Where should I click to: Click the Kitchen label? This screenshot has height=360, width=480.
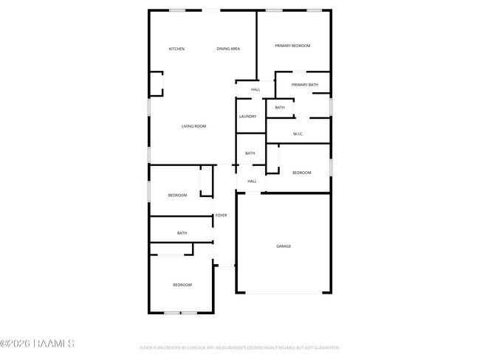[x=176, y=49]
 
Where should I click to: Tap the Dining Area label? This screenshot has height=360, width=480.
[x=228, y=49]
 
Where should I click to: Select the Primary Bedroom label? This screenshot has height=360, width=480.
[x=292, y=46]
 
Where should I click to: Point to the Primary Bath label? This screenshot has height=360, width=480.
[x=305, y=85]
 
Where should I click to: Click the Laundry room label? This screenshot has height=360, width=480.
[x=247, y=117]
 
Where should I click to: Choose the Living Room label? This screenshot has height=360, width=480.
[x=193, y=126]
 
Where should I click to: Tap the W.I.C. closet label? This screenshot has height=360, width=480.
[x=298, y=134]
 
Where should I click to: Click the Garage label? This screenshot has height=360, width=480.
[x=284, y=246]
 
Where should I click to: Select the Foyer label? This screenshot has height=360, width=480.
[x=221, y=215]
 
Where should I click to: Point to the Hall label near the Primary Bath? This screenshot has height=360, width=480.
[x=256, y=90]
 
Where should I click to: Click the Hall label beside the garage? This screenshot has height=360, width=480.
[x=252, y=181]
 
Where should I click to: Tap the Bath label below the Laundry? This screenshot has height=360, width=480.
[x=250, y=153]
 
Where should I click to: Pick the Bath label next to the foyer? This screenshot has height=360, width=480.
[x=182, y=233]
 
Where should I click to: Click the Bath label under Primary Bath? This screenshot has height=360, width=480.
[x=280, y=108]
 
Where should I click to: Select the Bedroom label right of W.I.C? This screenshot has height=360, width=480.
[x=301, y=173]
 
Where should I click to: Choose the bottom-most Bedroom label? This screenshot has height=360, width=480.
[x=182, y=285]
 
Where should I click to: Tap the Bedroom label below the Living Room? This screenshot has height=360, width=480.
[x=177, y=195]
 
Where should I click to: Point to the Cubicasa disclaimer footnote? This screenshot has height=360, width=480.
[x=240, y=347]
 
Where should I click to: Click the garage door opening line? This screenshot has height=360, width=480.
[x=284, y=293]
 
